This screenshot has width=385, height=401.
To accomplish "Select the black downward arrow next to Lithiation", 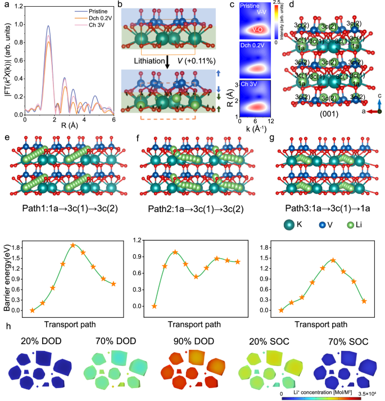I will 167,60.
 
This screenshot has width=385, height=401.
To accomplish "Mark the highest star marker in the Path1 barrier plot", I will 73,245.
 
